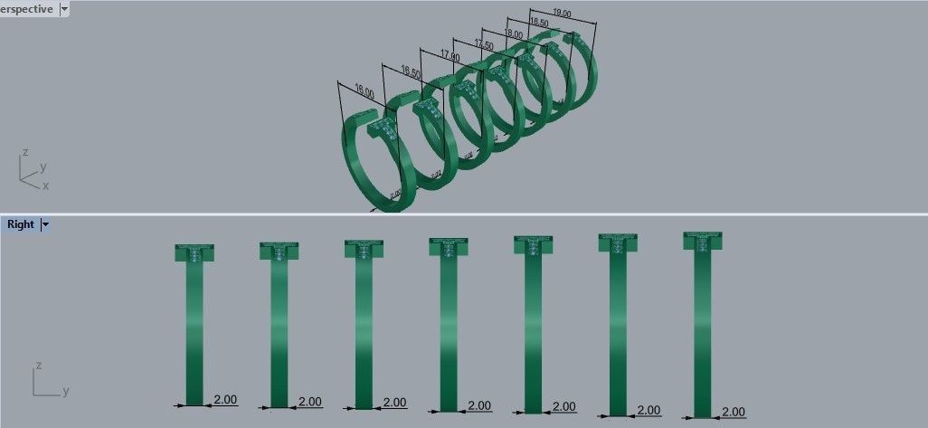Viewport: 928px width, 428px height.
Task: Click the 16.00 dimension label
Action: coord(364,91)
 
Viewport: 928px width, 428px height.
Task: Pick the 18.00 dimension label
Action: coord(512,33)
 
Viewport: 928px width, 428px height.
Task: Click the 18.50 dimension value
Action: coord(538,22)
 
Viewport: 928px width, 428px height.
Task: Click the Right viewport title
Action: coord(20,224)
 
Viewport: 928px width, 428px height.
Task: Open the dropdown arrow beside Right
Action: coord(45,224)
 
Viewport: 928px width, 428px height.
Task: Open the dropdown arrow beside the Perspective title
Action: coord(65,9)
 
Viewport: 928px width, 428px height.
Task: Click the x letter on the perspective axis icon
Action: coord(46,185)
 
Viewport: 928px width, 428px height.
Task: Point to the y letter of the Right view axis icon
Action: coord(65,392)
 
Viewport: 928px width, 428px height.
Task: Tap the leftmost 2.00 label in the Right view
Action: coord(224,399)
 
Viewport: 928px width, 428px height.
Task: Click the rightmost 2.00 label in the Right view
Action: coord(734,412)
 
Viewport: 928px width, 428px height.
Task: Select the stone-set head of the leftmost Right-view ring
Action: coord(194,252)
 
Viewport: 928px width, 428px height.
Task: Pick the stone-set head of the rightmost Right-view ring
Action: coord(703,242)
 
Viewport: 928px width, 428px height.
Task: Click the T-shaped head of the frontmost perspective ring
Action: coord(385,128)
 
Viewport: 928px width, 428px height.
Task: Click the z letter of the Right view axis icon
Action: coord(38,366)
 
